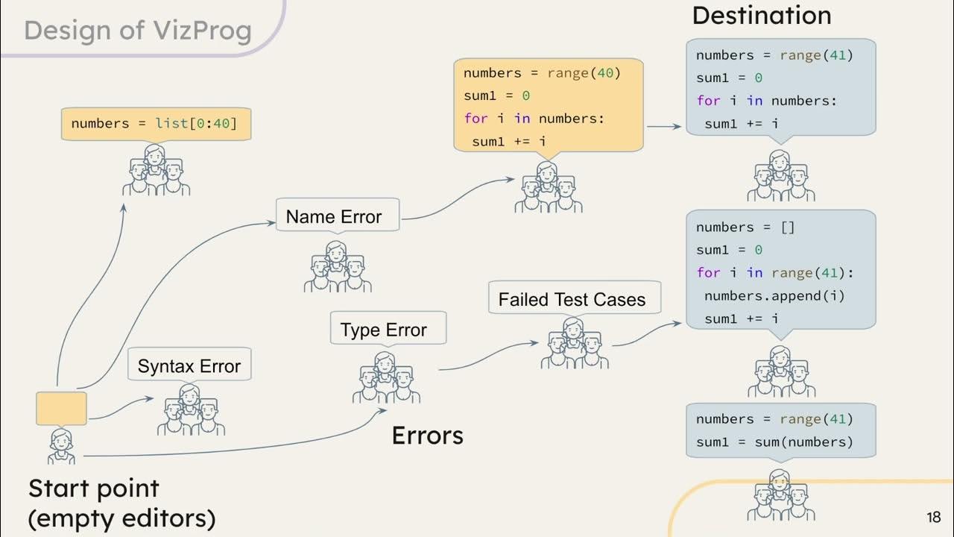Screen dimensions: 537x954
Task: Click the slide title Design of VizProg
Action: pyautogui.click(x=138, y=31)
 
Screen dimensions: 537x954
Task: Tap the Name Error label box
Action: pyautogui.click(x=338, y=216)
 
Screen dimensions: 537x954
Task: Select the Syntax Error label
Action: pyautogui.click(x=189, y=366)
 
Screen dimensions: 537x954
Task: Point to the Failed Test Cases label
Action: pyautogui.click(x=572, y=299)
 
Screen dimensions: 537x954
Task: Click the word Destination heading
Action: pyautogui.click(x=761, y=15)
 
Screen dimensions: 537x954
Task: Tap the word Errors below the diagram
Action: pyautogui.click(x=427, y=436)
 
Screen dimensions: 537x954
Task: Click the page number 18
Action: pyautogui.click(x=933, y=517)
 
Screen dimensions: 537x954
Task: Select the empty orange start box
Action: pyautogui.click(x=62, y=409)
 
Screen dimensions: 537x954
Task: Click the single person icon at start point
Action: pyautogui.click(x=61, y=446)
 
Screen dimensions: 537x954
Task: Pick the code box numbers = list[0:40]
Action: pyautogui.click(x=155, y=124)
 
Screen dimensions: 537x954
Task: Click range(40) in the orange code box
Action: pyautogui.click(x=584, y=73)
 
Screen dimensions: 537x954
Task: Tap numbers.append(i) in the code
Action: pyautogui.click(x=774, y=295)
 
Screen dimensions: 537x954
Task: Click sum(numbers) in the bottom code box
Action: pyautogui.click(x=816, y=442)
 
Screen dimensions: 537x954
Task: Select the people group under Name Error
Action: pyautogui.click(x=338, y=267)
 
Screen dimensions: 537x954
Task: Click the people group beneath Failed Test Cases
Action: pyautogui.click(x=574, y=344)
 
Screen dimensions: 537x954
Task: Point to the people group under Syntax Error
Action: pyautogui.click(x=191, y=410)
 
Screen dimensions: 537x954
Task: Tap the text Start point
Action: pyautogui.click(x=94, y=489)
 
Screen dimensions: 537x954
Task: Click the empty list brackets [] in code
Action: pyautogui.click(x=787, y=227)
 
